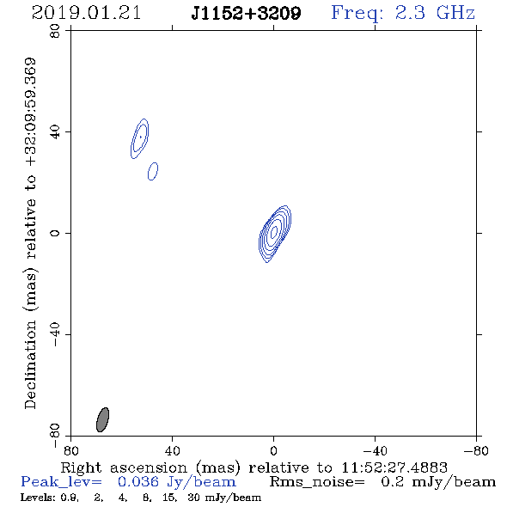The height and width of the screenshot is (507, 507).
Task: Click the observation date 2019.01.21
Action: (86, 13)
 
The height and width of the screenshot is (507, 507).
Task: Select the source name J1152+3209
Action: (246, 13)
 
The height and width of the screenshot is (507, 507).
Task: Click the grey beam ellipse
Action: (103, 419)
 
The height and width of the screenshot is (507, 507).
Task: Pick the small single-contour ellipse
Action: (153, 171)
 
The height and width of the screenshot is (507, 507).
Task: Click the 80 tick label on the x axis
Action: (70, 451)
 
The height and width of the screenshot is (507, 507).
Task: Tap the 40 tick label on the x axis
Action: (172, 451)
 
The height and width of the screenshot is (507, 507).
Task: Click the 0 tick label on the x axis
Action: (273, 451)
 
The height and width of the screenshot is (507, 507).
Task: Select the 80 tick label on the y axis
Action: (55, 31)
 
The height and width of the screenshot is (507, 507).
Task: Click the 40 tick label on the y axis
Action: (55, 132)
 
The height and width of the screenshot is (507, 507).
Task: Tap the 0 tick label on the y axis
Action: (55, 233)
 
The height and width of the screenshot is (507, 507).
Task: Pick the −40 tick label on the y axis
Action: (55, 334)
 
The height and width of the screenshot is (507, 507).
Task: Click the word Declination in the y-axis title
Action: (30, 364)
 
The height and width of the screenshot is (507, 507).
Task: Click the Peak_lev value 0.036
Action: (138, 482)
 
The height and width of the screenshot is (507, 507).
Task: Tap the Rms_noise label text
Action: (317, 482)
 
